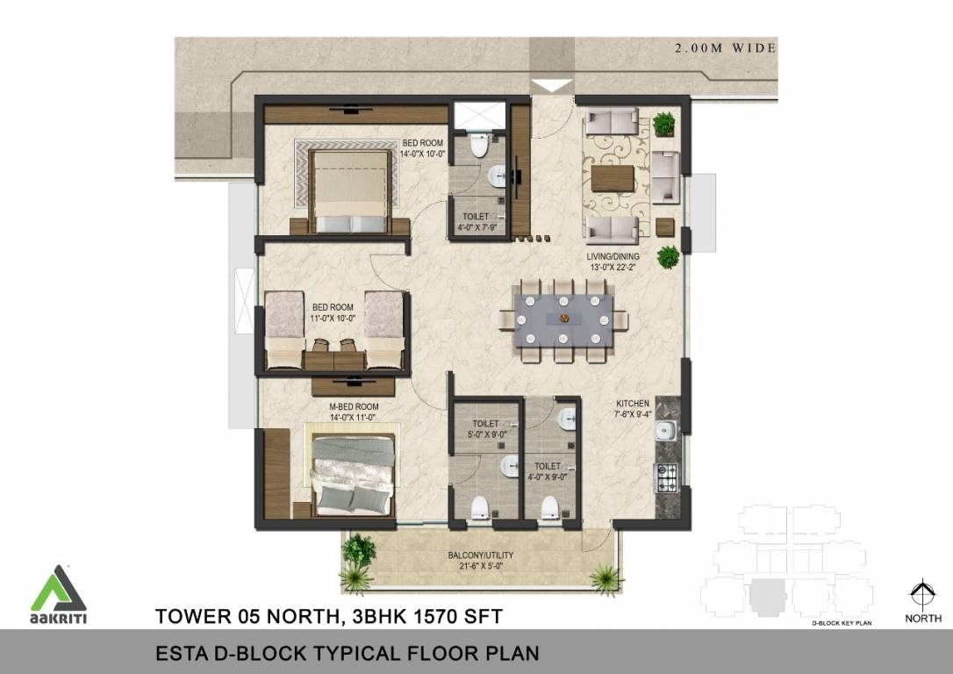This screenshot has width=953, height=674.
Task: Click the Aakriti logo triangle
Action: tap(59, 589)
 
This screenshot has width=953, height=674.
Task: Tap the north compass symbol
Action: tap(922, 595)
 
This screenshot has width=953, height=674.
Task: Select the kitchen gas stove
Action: tap(666, 477)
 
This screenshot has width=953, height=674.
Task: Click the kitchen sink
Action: tap(666, 431)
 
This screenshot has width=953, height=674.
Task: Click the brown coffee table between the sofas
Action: tap(613, 177)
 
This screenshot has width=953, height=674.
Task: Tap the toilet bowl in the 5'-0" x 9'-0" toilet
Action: tap(480, 507)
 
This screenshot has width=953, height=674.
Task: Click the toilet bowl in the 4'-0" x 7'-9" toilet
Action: tap(479, 145)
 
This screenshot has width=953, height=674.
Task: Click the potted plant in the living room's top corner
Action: tap(663, 123)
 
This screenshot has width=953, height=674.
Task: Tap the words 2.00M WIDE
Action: tap(725, 48)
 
